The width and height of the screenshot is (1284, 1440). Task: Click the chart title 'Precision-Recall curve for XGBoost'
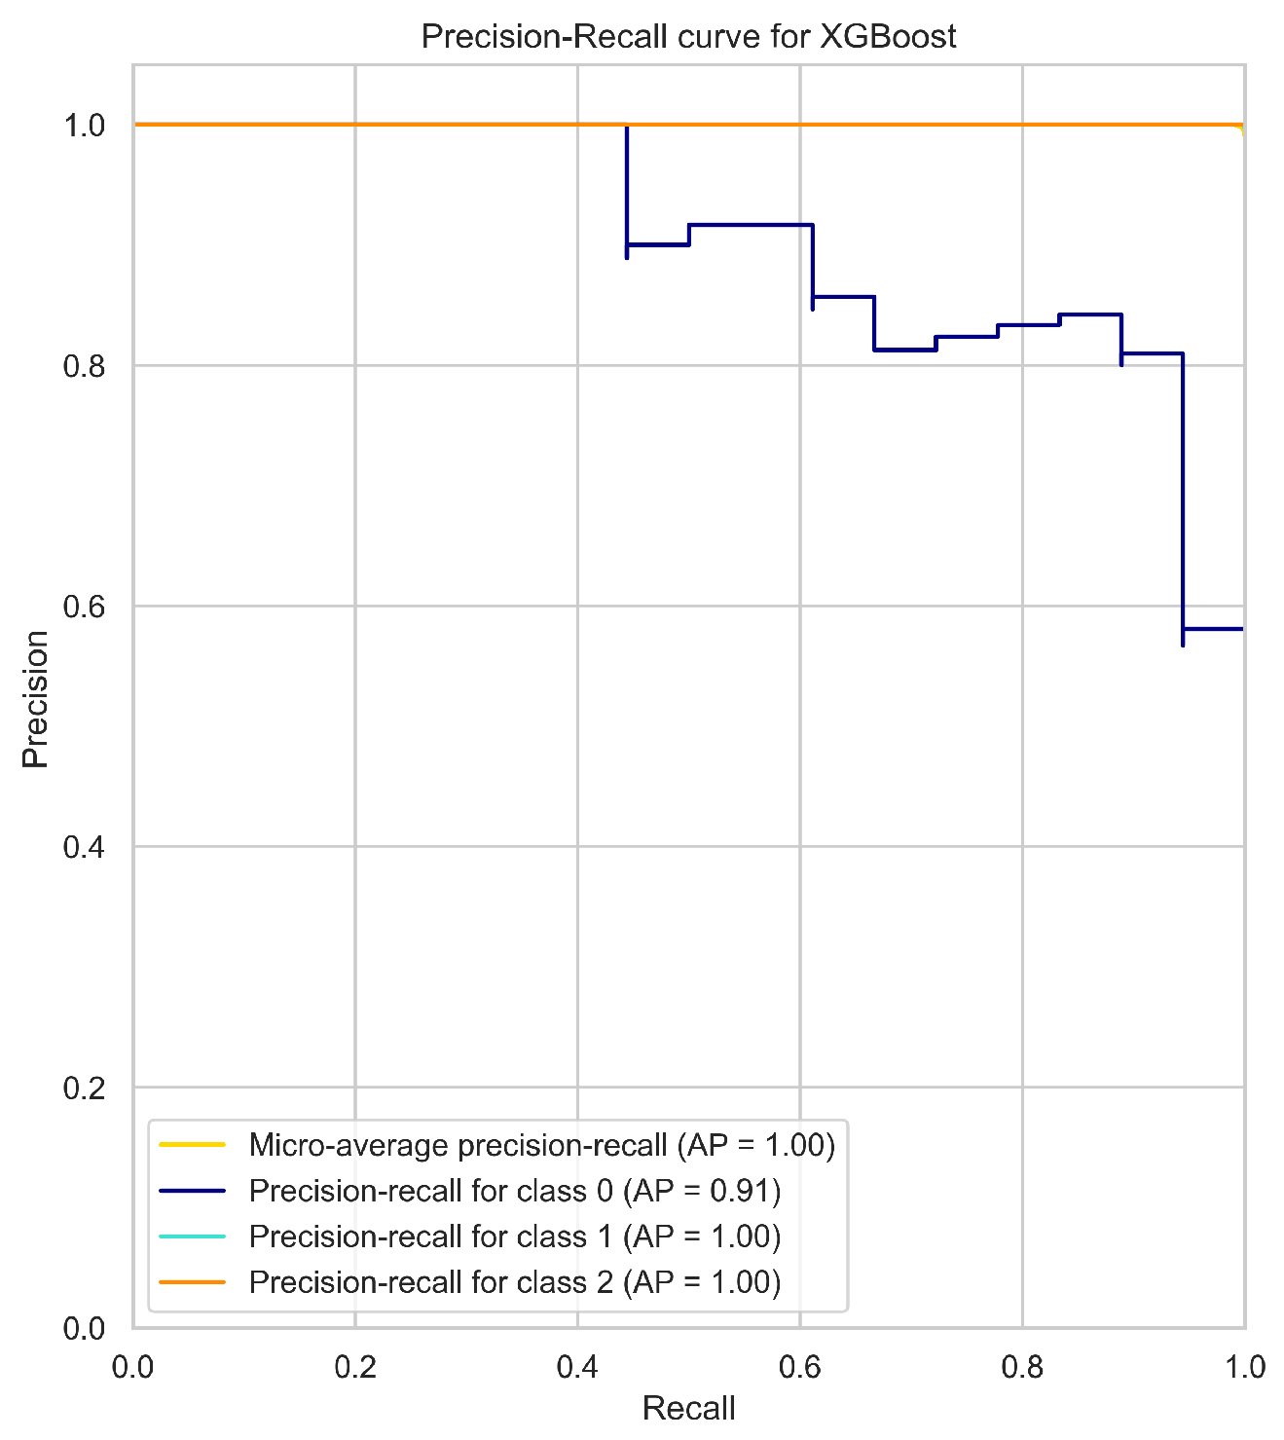(x=688, y=36)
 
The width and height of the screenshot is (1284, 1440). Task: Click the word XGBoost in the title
(x=888, y=36)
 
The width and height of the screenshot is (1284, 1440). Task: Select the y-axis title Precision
(x=36, y=698)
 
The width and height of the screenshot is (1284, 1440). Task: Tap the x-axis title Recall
(x=688, y=1408)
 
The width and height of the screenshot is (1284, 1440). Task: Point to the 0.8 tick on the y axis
(x=85, y=366)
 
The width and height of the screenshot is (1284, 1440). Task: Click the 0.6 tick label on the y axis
(x=85, y=607)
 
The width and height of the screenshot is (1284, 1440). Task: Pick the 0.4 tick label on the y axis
(x=85, y=847)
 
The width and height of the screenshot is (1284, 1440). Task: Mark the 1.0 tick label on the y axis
(x=85, y=126)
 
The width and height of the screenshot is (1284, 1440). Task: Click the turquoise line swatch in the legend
(x=193, y=1237)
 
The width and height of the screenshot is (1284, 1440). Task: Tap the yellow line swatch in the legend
(x=193, y=1145)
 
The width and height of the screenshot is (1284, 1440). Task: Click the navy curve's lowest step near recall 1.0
(x=1213, y=629)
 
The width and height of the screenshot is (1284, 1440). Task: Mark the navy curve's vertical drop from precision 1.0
(x=627, y=185)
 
